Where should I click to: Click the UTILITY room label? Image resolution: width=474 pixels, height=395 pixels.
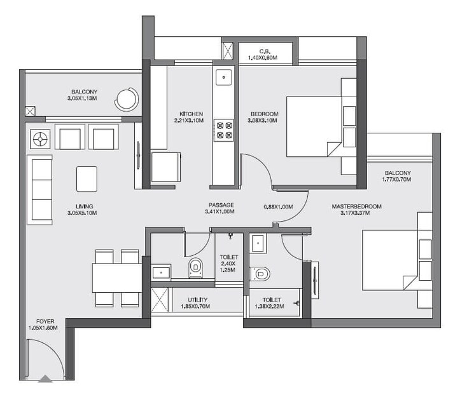coord(195,303)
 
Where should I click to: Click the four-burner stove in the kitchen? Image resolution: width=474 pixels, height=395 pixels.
coord(224,130)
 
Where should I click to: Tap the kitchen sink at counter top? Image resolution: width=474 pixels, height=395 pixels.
coord(223,77)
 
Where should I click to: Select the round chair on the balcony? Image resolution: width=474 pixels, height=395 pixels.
coord(127,98)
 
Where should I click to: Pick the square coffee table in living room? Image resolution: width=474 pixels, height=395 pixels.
coord(87,178)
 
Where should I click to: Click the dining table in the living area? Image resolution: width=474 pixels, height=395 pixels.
coord(116,278)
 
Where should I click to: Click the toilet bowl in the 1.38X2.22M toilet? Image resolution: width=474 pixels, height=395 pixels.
coord(260,274)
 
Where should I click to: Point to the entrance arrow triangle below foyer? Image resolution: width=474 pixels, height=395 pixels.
coord(45,379)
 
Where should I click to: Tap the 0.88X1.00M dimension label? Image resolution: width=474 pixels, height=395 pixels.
coord(277,206)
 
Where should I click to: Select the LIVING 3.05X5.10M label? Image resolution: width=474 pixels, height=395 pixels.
coord(84,210)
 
